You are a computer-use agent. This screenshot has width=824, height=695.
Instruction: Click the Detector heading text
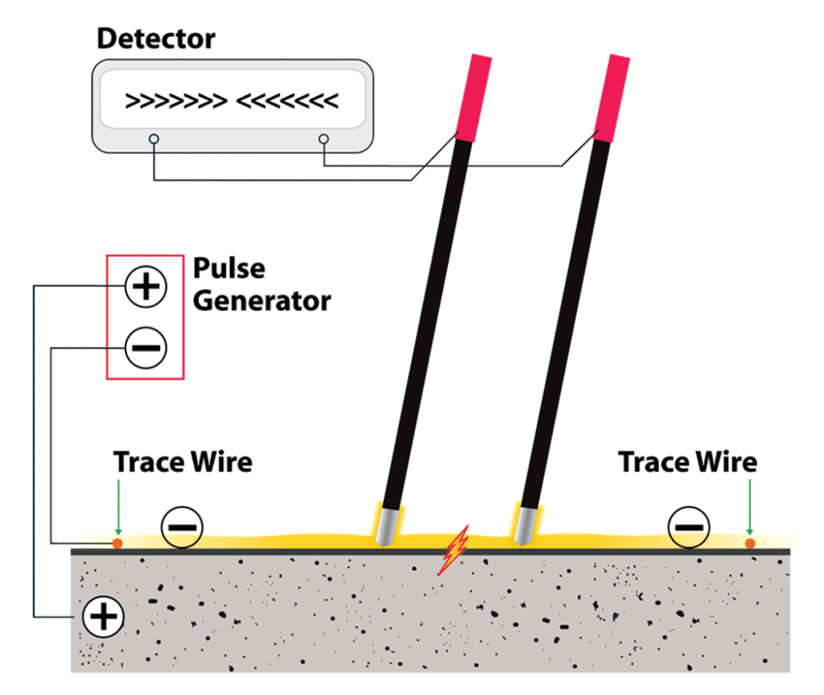pyautogui.click(x=156, y=38)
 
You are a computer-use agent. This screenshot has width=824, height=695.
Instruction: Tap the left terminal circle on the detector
pyautogui.click(x=154, y=139)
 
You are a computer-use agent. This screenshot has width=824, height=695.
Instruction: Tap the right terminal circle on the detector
pyautogui.click(x=324, y=139)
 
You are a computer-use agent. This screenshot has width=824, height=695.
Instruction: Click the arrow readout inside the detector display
pyautogui.click(x=232, y=101)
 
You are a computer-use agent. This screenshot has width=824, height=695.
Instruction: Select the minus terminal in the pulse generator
pyautogui.click(x=146, y=348)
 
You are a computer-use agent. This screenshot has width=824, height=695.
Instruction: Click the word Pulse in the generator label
pyautogui.click(x=229, y=269)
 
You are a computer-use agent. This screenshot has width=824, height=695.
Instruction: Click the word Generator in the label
pyautogui.click(x=262, y=300)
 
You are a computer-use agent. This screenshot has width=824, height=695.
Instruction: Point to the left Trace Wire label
pyautogui.click(x=183, y=462)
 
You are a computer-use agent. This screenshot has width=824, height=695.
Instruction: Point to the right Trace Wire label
pyautogui.click(x=687, y=462)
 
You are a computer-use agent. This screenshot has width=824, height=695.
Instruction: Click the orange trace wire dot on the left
pyautogui.click(x=117, y=544)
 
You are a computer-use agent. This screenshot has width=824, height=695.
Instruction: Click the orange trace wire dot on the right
pyautogui.click(x=750, y=544)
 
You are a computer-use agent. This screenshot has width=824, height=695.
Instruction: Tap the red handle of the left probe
pyautogui.click(x=473, y=95)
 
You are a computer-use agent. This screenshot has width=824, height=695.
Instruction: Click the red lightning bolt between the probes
pyautogui.click(x=453, y=550)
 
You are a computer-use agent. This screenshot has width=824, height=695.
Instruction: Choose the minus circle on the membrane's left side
pyautogui.click(x=183, y=527)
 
